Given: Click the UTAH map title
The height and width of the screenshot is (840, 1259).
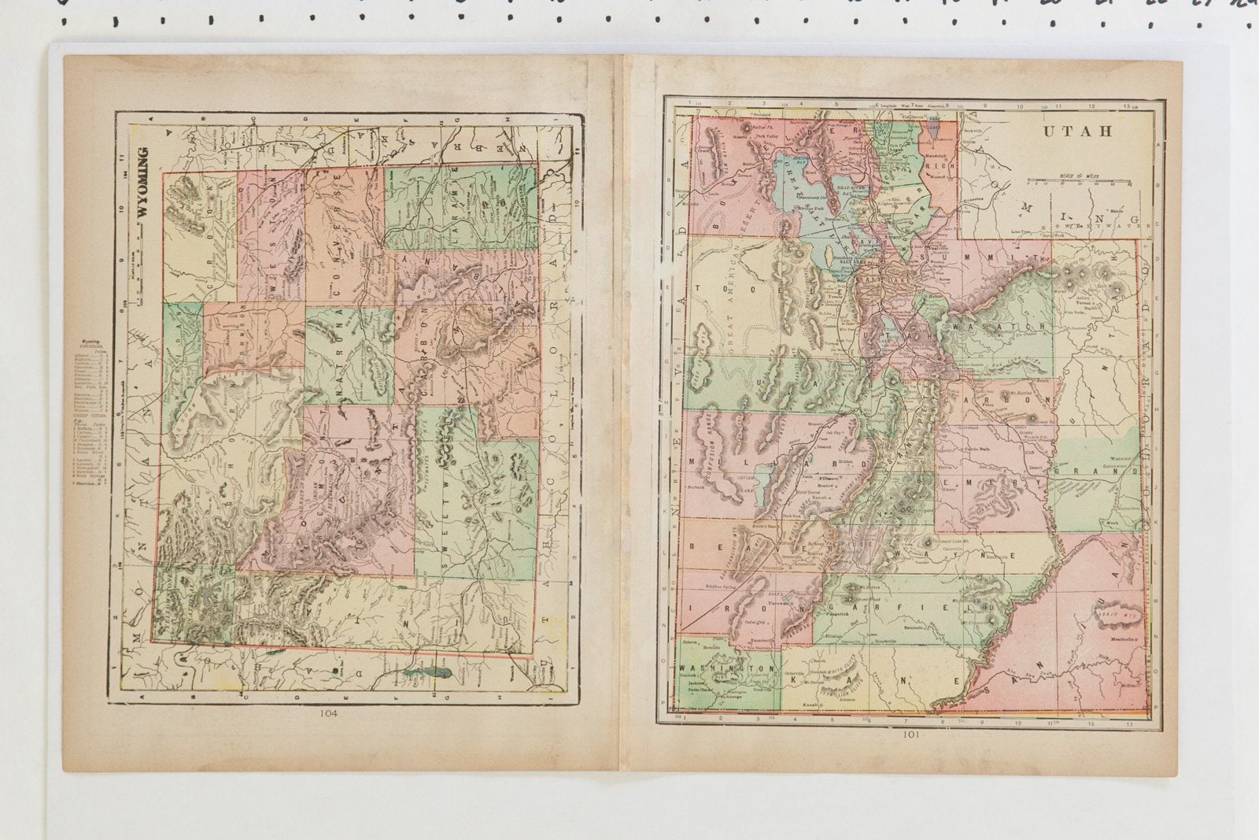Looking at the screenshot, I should pos(1077,131).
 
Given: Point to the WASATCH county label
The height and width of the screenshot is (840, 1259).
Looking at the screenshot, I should pos(999,325).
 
